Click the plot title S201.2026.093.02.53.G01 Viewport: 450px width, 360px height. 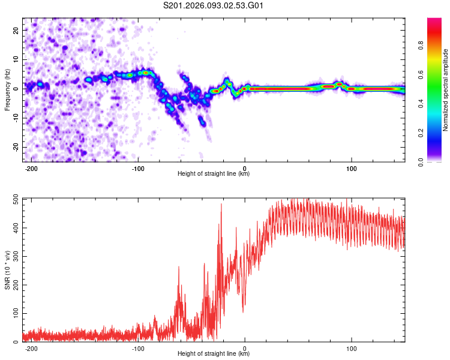(214, 6)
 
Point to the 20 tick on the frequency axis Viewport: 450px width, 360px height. (16, 29)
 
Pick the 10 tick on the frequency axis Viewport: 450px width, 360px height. (16, 59)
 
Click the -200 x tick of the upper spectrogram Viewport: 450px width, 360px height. (32, 168)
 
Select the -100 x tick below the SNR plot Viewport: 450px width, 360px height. (138, 348)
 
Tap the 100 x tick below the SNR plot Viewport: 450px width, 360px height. (351, 348)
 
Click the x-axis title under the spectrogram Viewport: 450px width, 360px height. (214, 174)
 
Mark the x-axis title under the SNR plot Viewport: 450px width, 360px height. (214, 354)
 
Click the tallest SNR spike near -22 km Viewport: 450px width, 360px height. (221, 205)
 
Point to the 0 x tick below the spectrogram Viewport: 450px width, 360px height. (245, 168)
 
